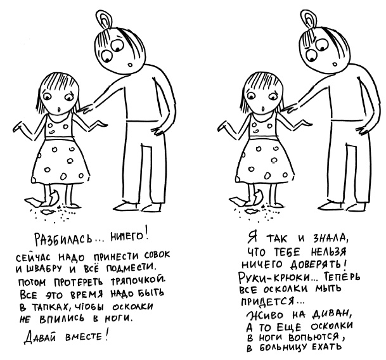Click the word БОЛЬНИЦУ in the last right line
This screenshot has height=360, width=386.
point(283,348)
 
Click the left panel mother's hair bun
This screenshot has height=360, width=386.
point(104,20)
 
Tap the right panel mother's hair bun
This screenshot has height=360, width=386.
point(309,19)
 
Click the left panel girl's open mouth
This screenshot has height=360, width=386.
point(58,109)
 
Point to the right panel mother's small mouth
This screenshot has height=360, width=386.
point(334,65)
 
